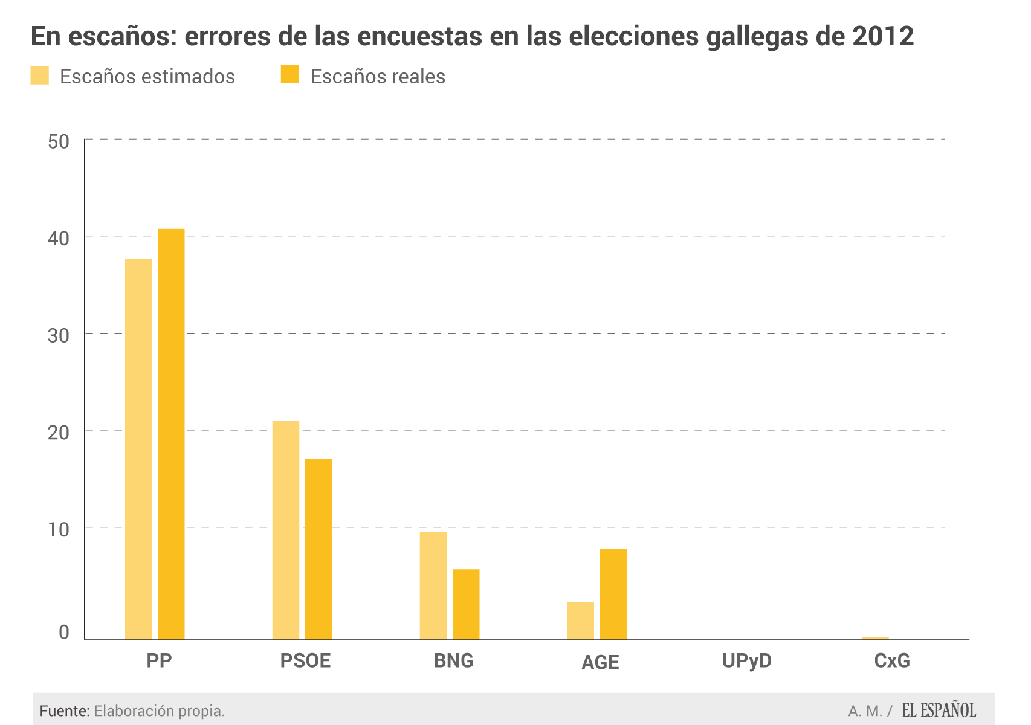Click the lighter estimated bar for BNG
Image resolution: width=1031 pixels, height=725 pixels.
pyautogui.click(x=433, y=585)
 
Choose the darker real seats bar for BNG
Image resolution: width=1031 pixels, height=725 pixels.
pyautogui.click(x=466, y=604)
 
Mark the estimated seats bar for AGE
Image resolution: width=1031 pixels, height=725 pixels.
pyautogui.click(x=580, y=620)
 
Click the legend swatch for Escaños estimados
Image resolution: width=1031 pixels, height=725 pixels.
pyautogui.click(x=40, y=76)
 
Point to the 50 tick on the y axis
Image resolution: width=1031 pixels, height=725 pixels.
pyautogui.click(x=59, y=142)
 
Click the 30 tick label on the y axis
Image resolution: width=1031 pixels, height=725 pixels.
pyautogui.click(x=59, y=336)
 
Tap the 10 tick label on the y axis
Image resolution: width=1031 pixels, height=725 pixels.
pyautogui.click(x=59, y=530)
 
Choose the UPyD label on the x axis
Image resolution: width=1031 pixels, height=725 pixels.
pyautogui.click(x=747, y=660)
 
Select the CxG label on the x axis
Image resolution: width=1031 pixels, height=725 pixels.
pyautogui.click(x=892, y=660)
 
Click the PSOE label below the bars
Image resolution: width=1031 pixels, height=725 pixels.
pyautogui.click(x=305, y=660)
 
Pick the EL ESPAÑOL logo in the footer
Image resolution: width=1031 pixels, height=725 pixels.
pyautogui.click(x=939, y=710)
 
